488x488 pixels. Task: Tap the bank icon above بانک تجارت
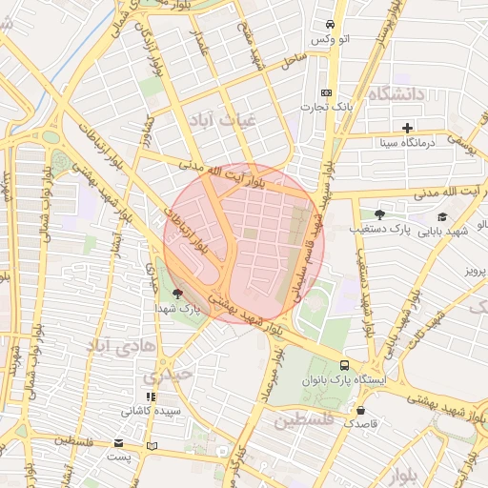point(327,92)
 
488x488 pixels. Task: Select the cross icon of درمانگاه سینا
point(408,128)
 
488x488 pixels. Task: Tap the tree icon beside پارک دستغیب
point(379,214)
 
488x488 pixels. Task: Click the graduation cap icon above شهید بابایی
point(442,216)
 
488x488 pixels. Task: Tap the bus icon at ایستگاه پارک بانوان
point(344,365)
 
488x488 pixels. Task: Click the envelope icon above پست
point(118,443)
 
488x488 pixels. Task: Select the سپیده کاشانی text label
point(147,412)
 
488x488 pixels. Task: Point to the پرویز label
point(474,271)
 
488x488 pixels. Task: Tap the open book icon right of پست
point(152,445)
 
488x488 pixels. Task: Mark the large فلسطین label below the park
point(304,419)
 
